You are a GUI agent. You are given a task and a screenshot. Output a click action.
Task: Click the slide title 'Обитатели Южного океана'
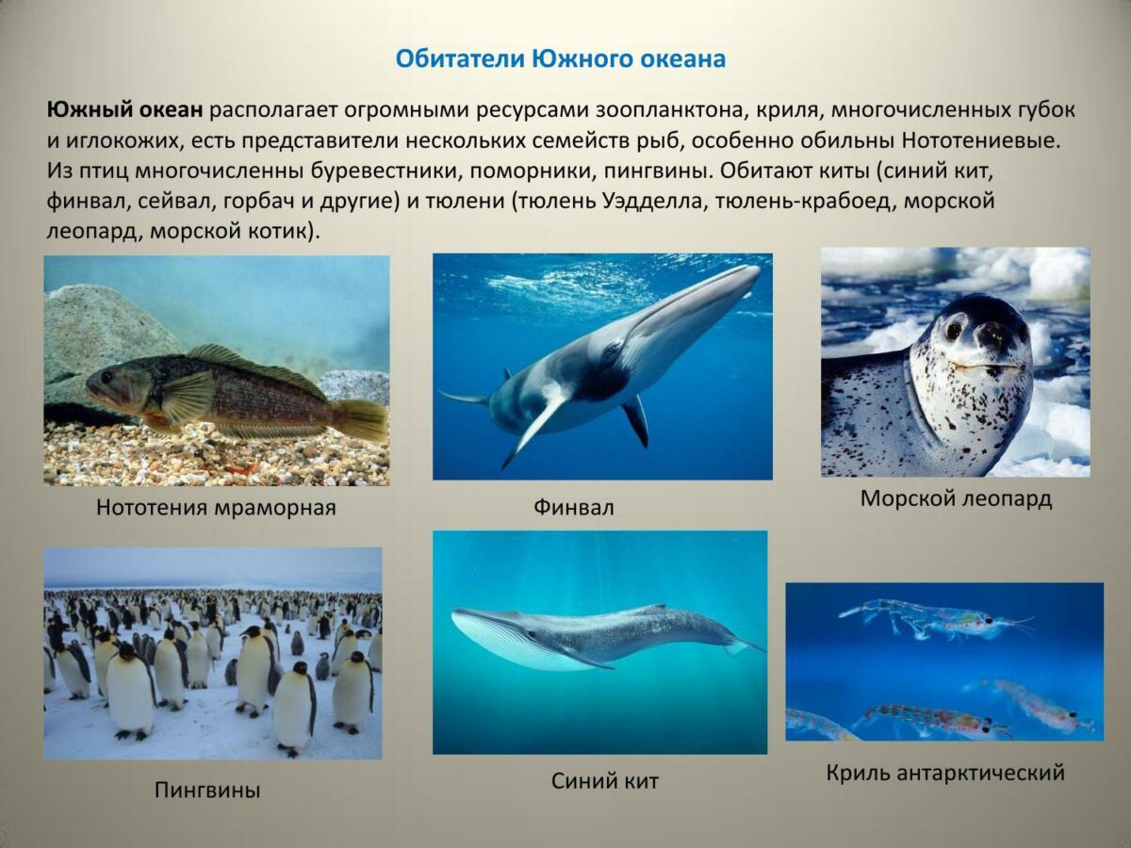(x=561, y=59)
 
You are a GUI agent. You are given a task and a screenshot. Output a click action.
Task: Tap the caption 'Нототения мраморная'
(x=216, y=508)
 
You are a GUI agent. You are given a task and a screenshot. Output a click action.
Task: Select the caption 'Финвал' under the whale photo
(x=573, y=508)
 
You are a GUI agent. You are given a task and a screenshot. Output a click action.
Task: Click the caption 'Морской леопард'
(x=956, y=499)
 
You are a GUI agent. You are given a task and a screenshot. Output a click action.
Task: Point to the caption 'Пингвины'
(x=207, y=790)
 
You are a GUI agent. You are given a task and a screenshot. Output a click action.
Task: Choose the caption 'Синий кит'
(x=605, y=781)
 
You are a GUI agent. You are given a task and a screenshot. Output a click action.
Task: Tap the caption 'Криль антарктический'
(x=945, y=773)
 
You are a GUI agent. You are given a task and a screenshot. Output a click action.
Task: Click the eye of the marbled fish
(x=107, y=377)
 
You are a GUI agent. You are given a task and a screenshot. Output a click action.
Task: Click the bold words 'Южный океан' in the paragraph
(x=125, y=109)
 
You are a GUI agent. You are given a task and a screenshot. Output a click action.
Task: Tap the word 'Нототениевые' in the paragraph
(x=980, y=140)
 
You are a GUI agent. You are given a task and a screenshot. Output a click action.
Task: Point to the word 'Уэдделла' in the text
(x=651, y=201)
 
